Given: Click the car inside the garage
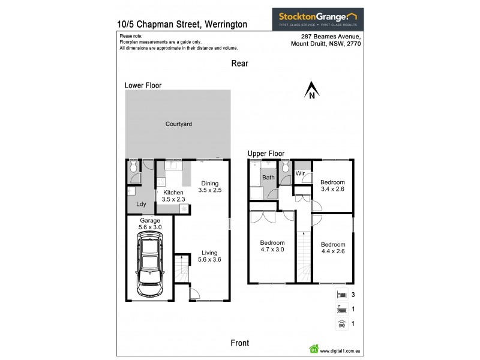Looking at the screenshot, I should (149, 264).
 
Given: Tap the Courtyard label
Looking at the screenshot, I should (178, 124).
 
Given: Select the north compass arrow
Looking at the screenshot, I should (312, 91).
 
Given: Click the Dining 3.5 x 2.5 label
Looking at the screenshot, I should (211, 187).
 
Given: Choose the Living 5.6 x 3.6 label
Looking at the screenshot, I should (209, 256).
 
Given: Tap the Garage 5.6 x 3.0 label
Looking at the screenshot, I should (150, 224).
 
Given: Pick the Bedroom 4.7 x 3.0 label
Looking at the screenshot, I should (272, 246).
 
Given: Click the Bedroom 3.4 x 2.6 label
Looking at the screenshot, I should (332, 186).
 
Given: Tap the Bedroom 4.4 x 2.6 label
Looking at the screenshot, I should (332, 248).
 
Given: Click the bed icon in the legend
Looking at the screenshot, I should (341, 295).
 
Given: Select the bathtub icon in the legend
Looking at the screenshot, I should (341, 310).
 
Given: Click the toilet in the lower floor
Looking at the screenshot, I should (133, 167).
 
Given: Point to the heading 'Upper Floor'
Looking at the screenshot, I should (266, 154).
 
